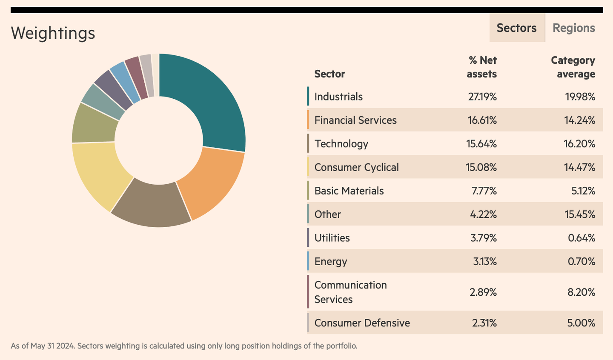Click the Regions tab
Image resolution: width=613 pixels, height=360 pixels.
pyautogui.click(x=573, y=28)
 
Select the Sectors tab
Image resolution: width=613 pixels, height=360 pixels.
pyautogui.click(x=516, y=28)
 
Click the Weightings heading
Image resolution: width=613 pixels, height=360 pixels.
pyautogui.click(x=53, y=33)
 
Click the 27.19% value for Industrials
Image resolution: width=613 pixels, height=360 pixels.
pyautogui.click(x=482, y=97)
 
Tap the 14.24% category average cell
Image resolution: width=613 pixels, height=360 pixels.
pyautogui.click(x=579, y=120)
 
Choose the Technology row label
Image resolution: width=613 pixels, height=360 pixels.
pyautogui.click(x=341, y=144)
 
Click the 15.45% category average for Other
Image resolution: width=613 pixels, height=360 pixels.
pyautogui.click(x=579, y=214)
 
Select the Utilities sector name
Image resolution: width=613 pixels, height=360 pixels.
pyautogui.click(x=332, y=238)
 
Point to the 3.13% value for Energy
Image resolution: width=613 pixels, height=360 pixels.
pyautogui.click(x=485, y=261)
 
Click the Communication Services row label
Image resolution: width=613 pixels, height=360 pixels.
pyautogui.click(x=350, y=292)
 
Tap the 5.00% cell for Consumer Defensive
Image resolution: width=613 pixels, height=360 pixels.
pyautogui.click(x=581, y=323)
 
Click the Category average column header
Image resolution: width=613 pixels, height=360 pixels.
pyautogui.click(x=573, y=67)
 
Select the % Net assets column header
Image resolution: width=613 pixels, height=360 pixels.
pyautogui.click(x=482, y=67)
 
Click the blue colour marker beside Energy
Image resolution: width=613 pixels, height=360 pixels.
pyautogui.click(x=308, y=261)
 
